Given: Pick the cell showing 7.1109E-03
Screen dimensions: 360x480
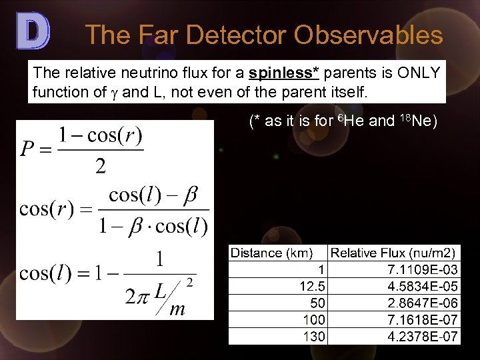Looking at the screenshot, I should pos(423,269).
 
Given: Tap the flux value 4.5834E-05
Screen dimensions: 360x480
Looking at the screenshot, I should pos(423,286).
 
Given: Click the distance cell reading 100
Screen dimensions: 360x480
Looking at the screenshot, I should pos(313,319).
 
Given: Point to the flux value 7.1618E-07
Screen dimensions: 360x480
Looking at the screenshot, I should pos(423,319).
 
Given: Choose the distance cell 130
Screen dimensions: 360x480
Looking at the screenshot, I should pos(313,336).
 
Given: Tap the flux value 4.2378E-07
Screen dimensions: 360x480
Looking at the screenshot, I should pos(423,336).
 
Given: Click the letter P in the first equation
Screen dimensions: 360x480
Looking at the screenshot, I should pos(29,149).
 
